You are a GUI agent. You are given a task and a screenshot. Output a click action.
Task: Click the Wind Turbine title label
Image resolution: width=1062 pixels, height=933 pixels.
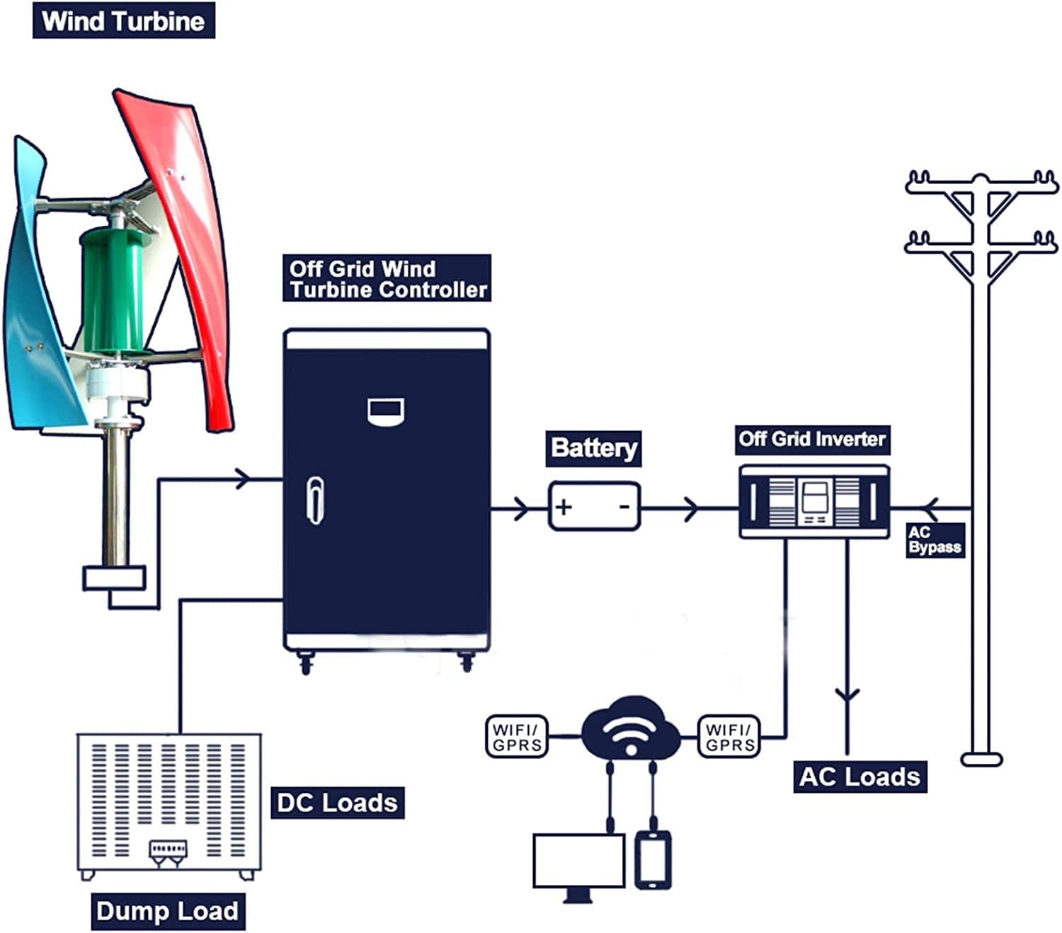pos(123,21)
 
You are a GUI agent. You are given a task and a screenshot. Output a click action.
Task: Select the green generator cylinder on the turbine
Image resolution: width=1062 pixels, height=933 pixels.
pos(113,290)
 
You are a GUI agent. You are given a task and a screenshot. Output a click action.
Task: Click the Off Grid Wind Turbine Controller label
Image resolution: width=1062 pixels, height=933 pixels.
pos(387,279)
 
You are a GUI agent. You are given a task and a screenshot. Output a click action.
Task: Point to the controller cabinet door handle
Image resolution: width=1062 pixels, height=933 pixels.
pos(316,500)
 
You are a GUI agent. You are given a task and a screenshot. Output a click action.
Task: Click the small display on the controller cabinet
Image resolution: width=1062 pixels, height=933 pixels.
pos(386,411)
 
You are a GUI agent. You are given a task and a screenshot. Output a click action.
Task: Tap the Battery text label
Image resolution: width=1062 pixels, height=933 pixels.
pos(593,448)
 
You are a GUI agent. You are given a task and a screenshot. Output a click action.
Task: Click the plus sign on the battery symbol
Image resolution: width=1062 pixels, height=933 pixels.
pos(564,507)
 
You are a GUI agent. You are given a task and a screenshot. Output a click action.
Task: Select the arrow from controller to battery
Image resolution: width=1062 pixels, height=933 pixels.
pos(520,508)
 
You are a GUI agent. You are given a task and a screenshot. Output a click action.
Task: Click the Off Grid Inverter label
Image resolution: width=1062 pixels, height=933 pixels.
pos(812,439)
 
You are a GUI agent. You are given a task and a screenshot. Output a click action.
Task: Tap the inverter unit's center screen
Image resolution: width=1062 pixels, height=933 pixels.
pos(813,500)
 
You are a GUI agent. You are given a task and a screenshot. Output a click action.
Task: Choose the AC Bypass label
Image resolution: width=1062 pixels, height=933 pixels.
pos(935,540)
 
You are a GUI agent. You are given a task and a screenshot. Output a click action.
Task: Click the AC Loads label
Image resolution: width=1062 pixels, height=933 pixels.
pos(860,777)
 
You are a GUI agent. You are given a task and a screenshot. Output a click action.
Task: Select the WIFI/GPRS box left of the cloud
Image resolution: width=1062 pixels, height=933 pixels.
pos(517,737)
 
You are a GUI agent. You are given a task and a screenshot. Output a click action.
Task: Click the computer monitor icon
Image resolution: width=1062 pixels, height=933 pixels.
pos(578,862)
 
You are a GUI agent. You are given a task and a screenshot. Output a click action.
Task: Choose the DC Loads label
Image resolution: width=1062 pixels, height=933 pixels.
pos(337,803)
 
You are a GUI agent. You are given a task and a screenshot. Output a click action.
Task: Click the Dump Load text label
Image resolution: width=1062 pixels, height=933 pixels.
pos(168,911)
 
